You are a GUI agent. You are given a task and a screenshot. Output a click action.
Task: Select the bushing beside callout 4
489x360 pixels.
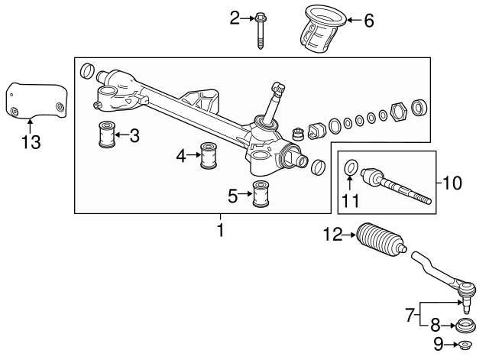[x=206, y=156]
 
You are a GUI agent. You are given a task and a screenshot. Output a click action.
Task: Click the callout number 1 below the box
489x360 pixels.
[x=221, y=229]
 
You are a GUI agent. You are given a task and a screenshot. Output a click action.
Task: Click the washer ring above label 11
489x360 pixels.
[x=350, y=166]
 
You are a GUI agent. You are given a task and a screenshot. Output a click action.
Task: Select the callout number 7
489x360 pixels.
[x=410, y=313]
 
